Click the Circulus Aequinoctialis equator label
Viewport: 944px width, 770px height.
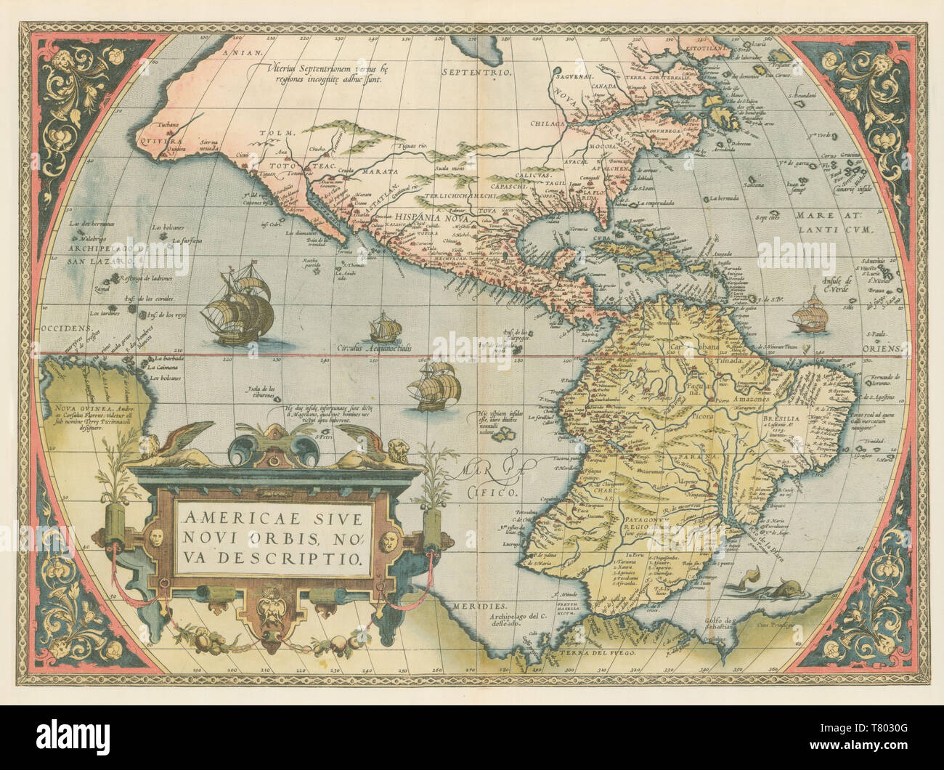[375, 349]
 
